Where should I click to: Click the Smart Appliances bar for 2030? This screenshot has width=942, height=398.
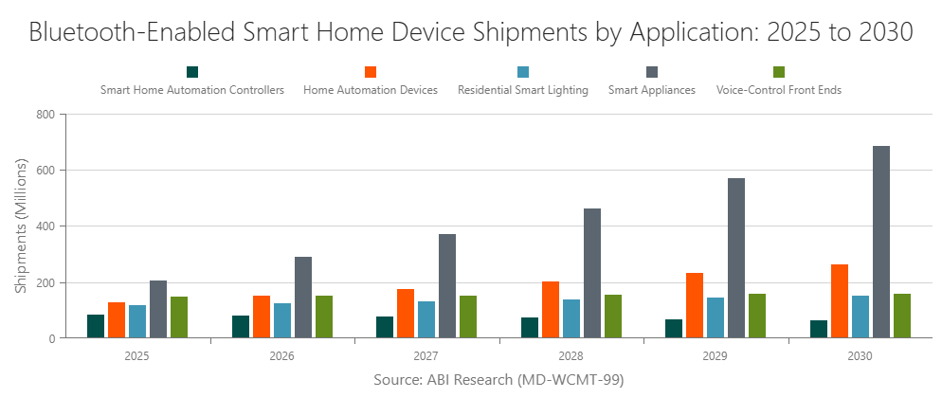click(x=881, y=242)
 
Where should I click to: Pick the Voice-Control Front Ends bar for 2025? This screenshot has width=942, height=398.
click(x=179, y=317)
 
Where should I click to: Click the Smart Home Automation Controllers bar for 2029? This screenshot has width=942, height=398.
click(x=674, y=328)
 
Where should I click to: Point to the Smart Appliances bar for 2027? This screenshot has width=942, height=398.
click(x=447, y=285)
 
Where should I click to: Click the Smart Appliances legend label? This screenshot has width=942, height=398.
click(x=652, y=91)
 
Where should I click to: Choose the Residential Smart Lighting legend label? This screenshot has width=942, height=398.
click(x=523, y=91)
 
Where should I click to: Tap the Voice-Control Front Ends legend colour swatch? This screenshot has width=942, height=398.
click(x=779, y=72)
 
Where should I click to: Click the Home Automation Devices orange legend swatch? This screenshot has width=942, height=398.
click(x=371, y=72)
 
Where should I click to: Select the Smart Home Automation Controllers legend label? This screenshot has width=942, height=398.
click(x=192, y=91)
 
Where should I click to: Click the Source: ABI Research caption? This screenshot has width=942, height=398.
click(x=498, y=380)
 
